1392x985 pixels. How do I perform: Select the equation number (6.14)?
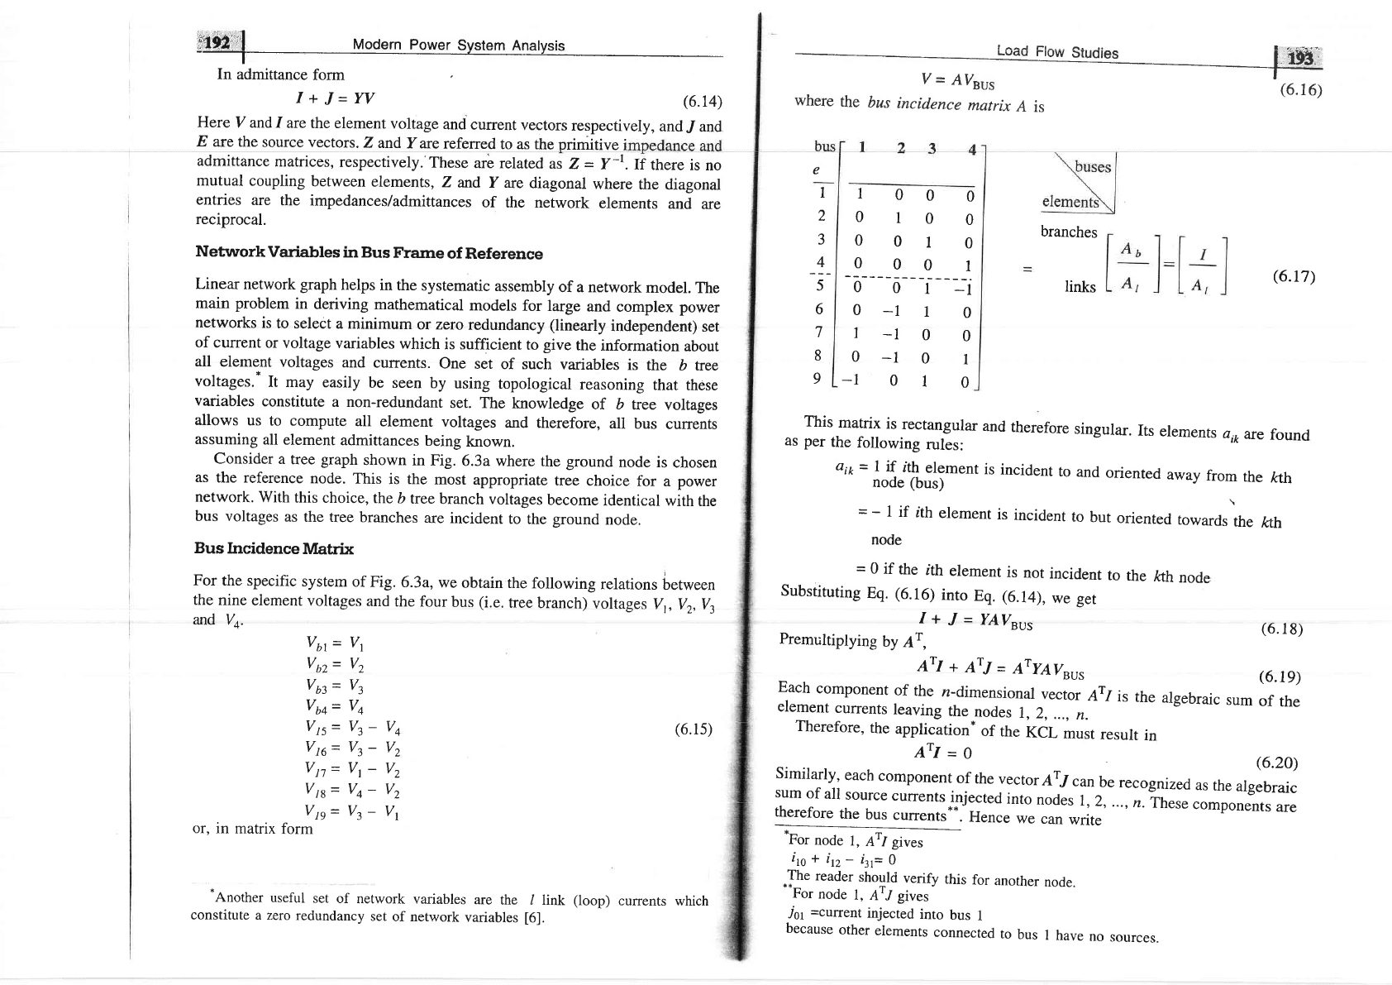point(702,102)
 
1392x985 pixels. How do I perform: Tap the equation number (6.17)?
point(1292,275)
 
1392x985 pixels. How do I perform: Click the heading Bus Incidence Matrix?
point(274,548)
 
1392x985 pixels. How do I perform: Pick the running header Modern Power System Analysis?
point(458,45)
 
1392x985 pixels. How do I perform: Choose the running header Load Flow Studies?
point(1056,52)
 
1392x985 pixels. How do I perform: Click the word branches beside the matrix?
point(1068,232)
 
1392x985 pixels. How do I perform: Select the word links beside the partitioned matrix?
point(1080,287)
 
